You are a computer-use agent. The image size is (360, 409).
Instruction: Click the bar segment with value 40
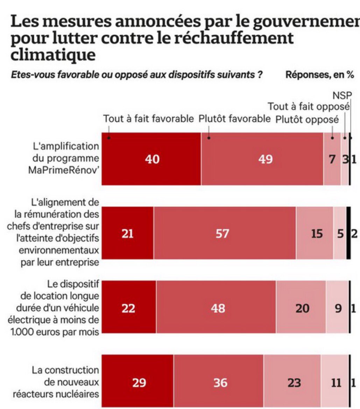coord(151,159)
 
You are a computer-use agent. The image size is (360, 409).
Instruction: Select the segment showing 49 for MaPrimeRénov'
coord(262,159)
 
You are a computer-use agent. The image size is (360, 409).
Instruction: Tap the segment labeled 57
coord(225,233)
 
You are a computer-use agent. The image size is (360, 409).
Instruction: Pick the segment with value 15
coord(315,233)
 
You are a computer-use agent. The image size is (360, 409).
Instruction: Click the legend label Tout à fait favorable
coord(148,119)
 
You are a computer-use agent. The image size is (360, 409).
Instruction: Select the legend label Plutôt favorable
coord(234,119)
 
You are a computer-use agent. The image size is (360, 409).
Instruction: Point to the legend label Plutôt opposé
coord(307,119)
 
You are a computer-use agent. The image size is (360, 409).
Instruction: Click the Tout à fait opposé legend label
coord(309,107)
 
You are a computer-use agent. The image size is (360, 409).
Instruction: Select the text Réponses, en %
coord(320,75)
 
